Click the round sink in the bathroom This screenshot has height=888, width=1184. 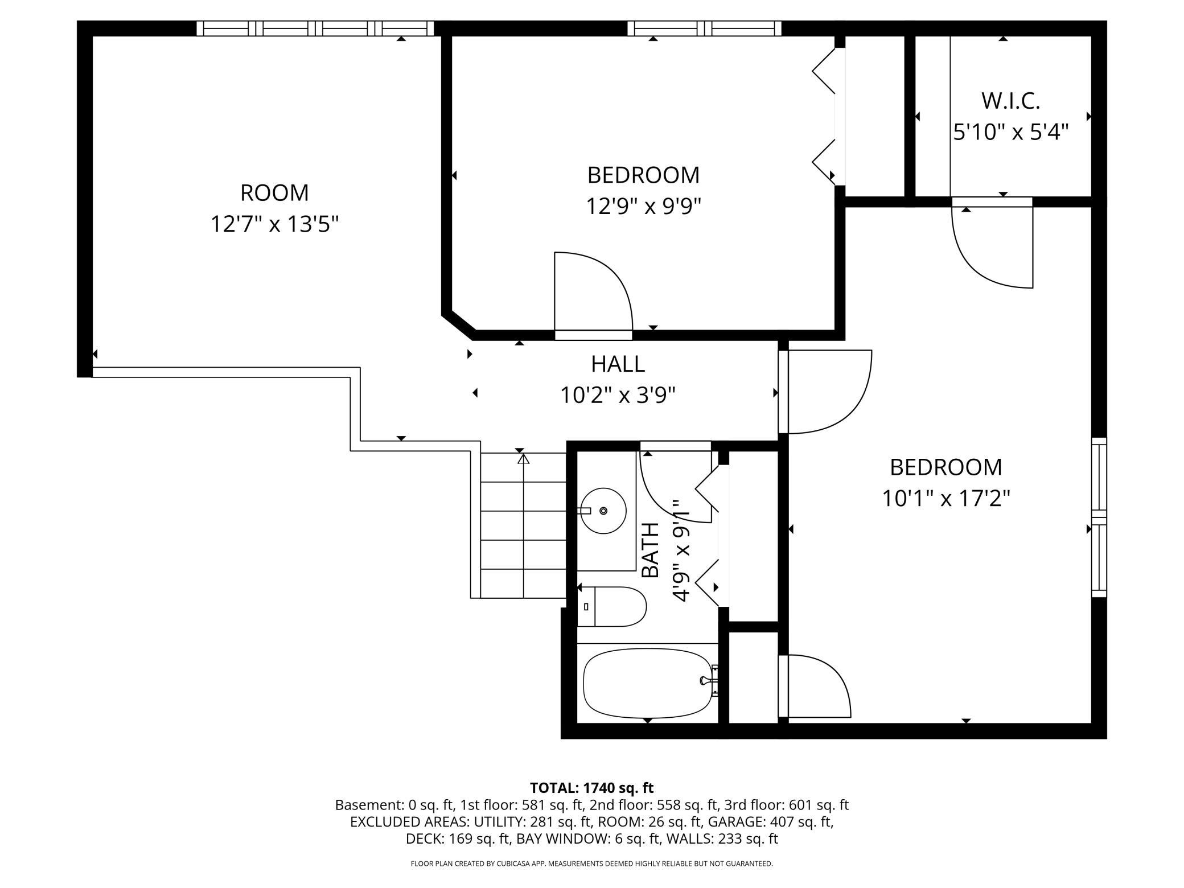click(603, 511)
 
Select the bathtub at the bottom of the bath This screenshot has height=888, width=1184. click(647, 683)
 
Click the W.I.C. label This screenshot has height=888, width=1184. click(1010, 101)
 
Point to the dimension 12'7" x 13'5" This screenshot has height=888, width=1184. click(274, 224)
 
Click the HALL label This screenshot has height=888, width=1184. click(618, 364)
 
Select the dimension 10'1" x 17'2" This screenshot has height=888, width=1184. click(945, 499)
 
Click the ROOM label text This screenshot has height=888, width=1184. click(274, 193)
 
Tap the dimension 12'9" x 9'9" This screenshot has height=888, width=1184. click(643, 205)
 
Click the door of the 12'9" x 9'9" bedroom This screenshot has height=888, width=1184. click(592, 293)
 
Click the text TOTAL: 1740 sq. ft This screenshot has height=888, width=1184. click(591, 788)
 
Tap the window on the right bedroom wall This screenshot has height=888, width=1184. click(1099, 517)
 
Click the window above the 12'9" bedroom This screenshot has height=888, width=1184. click(704, 28)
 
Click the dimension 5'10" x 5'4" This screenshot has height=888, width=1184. click(1010, 133)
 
